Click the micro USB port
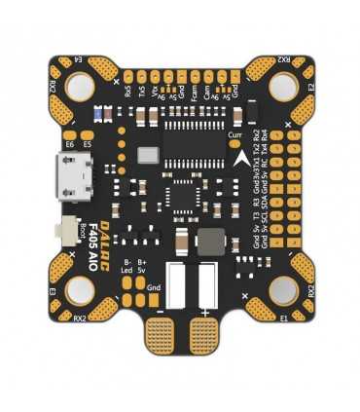(x=75, y=180)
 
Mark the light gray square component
(x=148, y=155)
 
